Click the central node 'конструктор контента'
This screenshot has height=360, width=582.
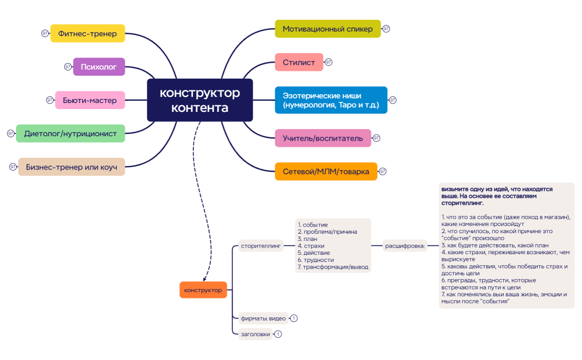tap(200, 100)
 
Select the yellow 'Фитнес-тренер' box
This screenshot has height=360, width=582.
tap(88, 33)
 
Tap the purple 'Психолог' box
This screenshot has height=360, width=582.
tap(99, 66)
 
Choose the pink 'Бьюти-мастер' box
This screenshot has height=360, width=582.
tap(90, 100)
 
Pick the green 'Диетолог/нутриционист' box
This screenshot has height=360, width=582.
tap(70, 133)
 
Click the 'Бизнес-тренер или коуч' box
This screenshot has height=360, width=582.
tap(72, 167)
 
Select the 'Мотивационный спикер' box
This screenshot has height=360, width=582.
tap(328, 29)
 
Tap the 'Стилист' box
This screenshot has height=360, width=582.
tap(299, 62)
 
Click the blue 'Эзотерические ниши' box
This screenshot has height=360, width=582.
tap(331, 100)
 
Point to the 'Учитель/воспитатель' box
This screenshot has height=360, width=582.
tap(323, 138)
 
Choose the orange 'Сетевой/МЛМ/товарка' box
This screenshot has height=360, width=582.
tap(326, 171)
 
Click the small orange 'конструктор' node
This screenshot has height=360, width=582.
tap(203, 290)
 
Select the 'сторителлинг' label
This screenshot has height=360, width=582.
tap(261, 245)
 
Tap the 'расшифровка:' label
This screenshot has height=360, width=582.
tap(405, 245)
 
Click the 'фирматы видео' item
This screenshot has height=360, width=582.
tap(263, 318)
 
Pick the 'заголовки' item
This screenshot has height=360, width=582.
tap(256, 334)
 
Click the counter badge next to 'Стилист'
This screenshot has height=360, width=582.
tap(329, 62)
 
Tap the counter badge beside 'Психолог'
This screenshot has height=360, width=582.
tap(68, 66)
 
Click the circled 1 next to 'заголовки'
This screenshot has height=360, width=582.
tap(278, 334)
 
